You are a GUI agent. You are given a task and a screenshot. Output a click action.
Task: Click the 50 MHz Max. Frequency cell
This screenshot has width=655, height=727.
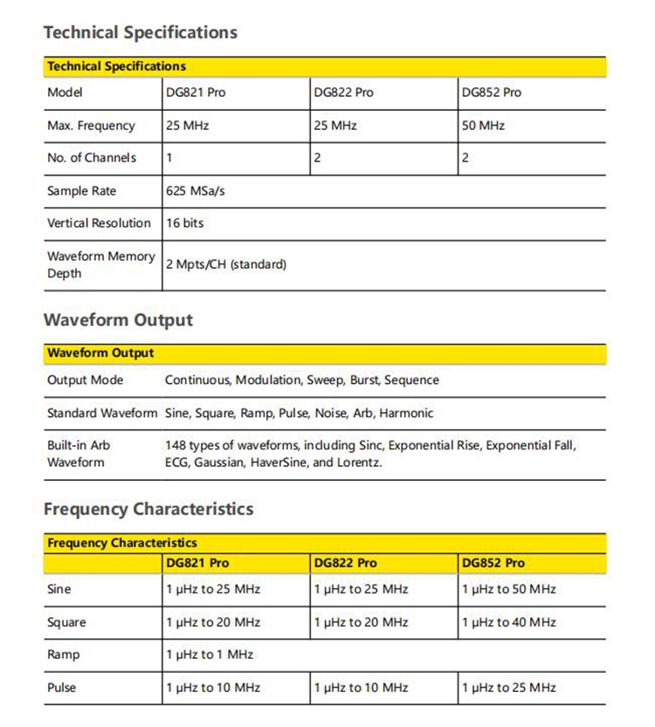point(483,126)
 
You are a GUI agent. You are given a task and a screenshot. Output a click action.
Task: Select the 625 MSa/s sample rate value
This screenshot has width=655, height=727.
point(195,191)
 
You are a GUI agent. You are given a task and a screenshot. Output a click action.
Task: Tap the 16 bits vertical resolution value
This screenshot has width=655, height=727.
point(184,223)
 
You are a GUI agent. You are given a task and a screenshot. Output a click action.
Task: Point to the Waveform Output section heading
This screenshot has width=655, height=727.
point(118,320)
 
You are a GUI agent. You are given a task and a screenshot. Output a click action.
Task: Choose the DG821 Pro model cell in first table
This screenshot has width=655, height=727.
point(195,93)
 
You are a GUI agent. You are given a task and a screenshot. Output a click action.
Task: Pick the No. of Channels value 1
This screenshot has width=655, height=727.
point(169,158)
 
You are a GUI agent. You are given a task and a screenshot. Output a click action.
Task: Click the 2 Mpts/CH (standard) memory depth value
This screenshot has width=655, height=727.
point(225,264)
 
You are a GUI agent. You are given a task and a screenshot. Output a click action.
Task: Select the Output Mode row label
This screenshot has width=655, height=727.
point(85,381)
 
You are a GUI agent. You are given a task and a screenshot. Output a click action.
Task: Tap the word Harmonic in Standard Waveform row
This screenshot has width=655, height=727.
point(407,413)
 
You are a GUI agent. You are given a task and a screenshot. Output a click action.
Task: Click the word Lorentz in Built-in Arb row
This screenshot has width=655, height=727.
point(358,463)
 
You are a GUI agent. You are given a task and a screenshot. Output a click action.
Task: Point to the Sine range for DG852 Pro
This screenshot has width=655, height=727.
point(508,589)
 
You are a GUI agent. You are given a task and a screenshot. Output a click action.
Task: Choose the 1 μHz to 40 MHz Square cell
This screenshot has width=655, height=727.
point(508,622)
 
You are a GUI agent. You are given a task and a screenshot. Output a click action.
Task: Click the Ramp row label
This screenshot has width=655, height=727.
point(63,655)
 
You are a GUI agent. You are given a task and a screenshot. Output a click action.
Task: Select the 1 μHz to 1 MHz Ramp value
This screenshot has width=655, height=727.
point(210,655)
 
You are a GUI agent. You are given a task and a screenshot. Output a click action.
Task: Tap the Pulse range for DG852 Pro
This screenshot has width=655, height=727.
point(508,688)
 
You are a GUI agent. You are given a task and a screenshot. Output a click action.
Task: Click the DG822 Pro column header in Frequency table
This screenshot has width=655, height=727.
point(345,563)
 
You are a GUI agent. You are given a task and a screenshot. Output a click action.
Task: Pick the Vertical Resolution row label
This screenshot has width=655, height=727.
point(99,223)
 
